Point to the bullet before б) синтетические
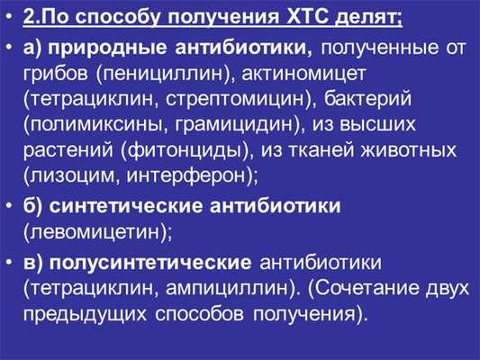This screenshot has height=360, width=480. (x=12, y=206)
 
